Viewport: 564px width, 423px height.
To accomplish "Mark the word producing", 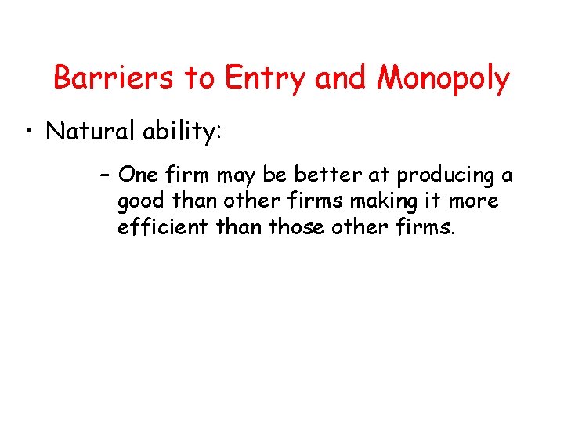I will pyautogui.click(x=440, y=176).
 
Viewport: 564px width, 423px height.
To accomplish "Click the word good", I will pyautogui.click(x=142, y=202).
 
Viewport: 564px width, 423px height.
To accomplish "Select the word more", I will pyautogui.click(x=473, y=202).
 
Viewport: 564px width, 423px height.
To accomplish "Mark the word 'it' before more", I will pyautogui.click(x=433, y=201).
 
